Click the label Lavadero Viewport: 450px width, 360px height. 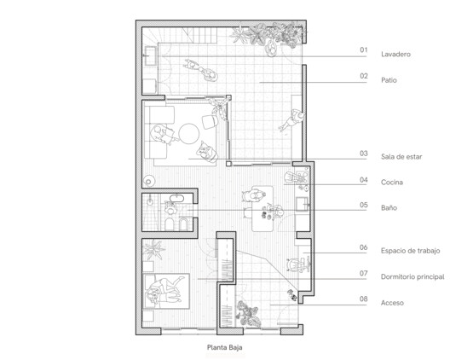(395, 54)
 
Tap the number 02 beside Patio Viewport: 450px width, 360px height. (364, 76)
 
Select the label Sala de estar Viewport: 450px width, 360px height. (401, 157)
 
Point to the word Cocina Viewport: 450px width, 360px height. (392, 183)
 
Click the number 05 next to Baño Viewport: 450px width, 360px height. (364, 205)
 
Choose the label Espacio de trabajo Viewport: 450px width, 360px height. (411, 251)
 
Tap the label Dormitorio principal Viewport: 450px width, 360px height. (412, 276)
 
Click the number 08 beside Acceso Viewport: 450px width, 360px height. (364, 299)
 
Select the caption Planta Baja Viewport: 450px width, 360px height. (225, 347)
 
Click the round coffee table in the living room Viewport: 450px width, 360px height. (189, 134)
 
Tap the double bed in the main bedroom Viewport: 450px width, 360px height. (166, 291)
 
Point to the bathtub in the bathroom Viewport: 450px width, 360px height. (178, 198)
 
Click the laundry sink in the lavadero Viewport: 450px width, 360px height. (150, 55)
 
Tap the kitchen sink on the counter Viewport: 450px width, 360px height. (302, 203)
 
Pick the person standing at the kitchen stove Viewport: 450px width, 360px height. (294, 177)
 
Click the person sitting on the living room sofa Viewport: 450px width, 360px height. (161, 134)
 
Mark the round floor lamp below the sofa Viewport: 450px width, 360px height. (149, 182)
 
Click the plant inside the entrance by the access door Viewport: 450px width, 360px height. (249, 314)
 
